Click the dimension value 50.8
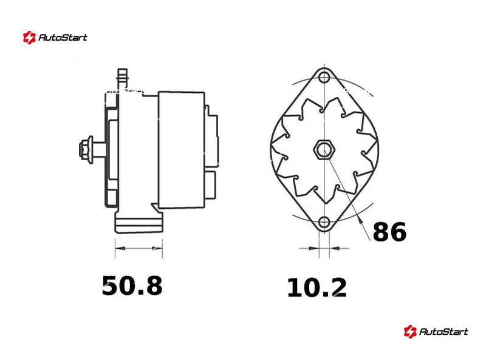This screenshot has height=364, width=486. tap(132, 286)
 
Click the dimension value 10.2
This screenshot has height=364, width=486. tap(317, 288)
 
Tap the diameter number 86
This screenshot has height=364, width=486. tap(389, 232)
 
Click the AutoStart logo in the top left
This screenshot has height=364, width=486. tap(55, 38)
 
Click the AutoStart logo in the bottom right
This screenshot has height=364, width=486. tap(436, 331)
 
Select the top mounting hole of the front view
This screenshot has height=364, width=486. tap(324, 77)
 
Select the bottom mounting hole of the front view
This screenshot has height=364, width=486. tap(324, 222)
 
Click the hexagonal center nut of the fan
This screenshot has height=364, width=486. tap(324, 149)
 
